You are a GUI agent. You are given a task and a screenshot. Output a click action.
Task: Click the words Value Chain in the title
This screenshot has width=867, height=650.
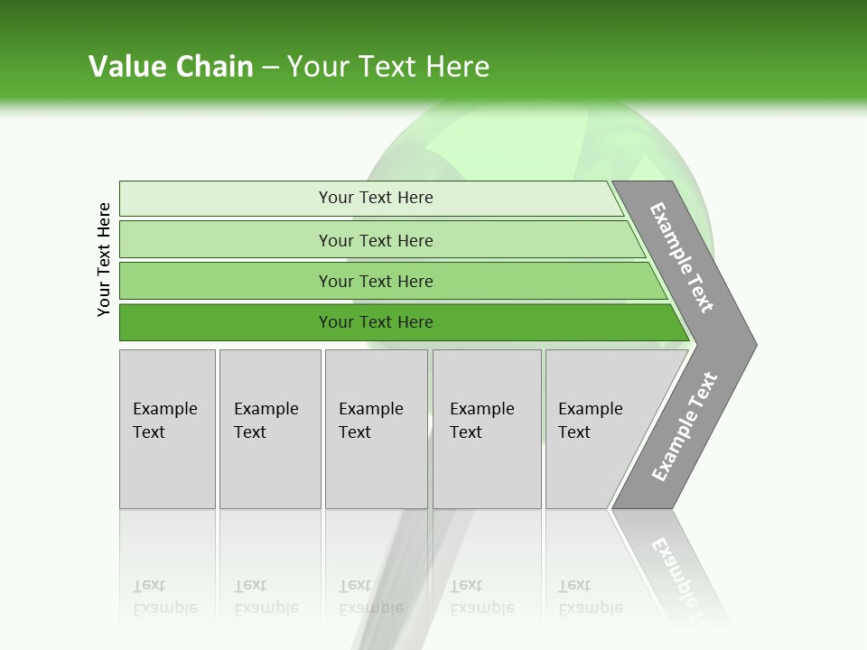click(x=171, y=67)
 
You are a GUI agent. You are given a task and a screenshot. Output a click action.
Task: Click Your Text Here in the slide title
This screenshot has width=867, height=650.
click(x=388, y=67)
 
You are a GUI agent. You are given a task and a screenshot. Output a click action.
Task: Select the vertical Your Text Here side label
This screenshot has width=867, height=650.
click(x=104, y=259)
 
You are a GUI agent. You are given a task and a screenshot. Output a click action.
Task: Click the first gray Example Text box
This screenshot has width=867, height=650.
click(x=167, y=429)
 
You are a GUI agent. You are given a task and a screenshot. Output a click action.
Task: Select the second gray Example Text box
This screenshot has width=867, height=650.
click(x=269, y=429)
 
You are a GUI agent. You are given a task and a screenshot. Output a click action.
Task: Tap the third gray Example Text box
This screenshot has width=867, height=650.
click(x=376, y=429)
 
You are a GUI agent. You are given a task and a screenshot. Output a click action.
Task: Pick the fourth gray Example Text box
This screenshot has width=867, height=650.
click(x=486, y=429)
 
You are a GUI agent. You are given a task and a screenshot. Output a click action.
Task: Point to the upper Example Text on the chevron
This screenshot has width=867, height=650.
click(x=682, y=257)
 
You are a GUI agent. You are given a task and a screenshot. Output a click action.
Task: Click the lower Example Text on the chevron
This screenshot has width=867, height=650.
click(x=685, y=427)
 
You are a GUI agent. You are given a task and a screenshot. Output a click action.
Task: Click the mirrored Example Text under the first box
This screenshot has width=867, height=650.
click(x=164, y=597)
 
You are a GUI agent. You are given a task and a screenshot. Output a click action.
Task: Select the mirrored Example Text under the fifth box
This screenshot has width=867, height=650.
click(x=590, y=597)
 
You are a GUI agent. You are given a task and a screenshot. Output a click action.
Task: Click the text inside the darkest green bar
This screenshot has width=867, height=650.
click(x=376, y=322)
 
